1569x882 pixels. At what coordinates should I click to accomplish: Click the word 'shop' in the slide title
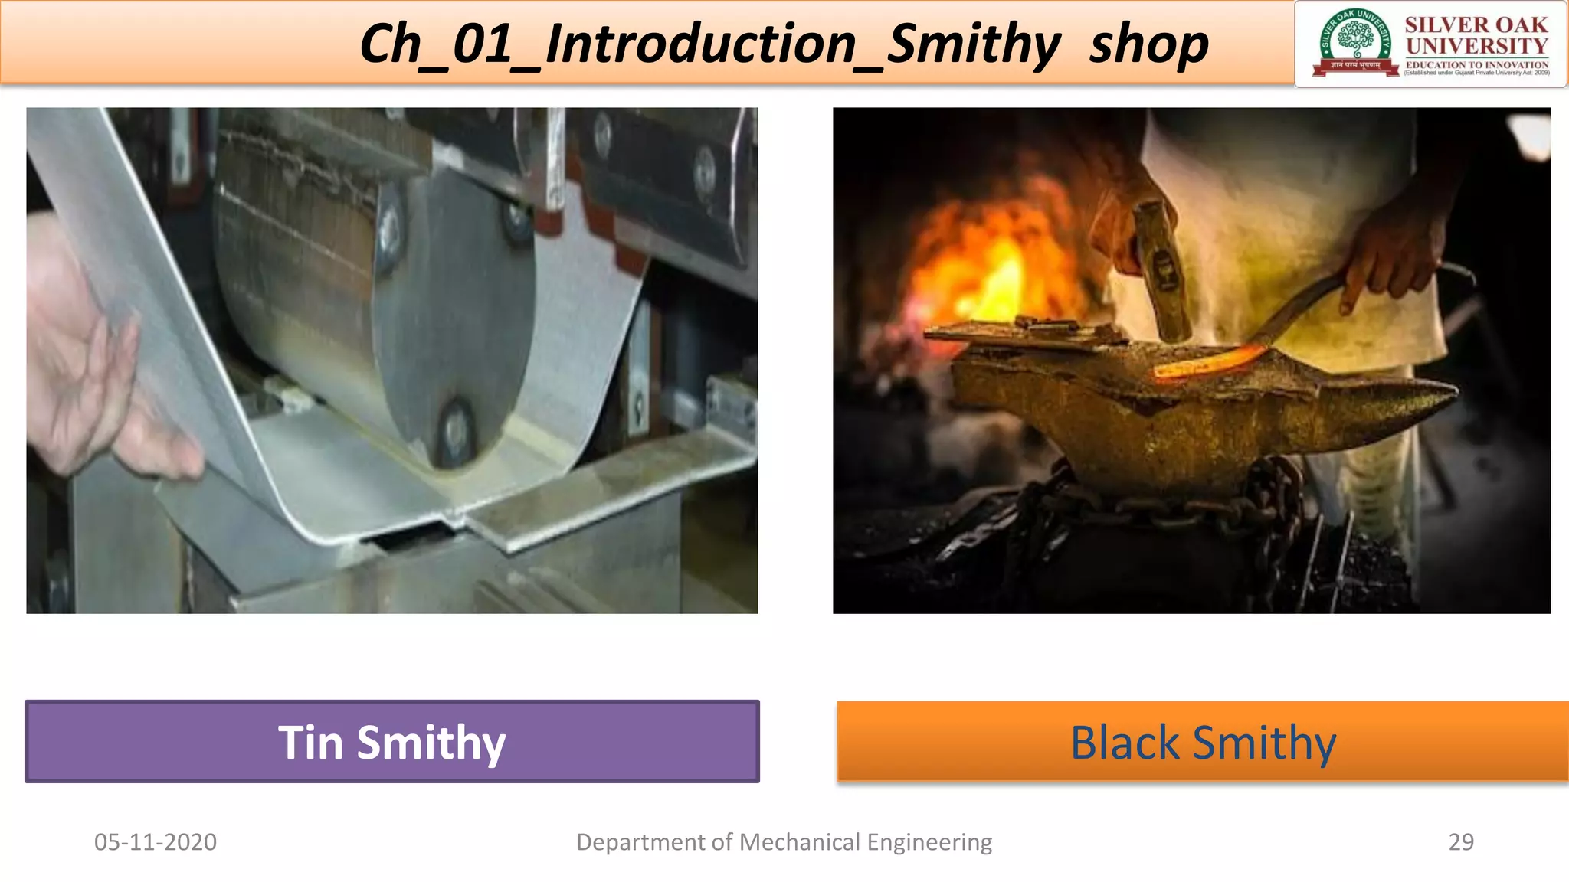(1148, 44)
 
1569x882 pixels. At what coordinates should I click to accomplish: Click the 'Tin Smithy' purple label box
(391, 741)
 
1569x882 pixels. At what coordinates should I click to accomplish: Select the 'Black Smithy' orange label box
(1202, 741)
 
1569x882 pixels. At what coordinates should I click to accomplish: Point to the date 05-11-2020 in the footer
(156, 841)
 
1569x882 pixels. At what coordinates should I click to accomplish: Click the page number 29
(1460, 841)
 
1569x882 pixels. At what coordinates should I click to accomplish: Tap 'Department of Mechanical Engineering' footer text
(784, 841)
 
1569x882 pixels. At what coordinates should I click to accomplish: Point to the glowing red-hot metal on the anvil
(1210, 360)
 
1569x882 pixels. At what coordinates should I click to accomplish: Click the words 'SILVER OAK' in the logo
(1476, 24)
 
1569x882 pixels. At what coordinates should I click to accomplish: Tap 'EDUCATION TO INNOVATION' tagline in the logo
(1476, 65)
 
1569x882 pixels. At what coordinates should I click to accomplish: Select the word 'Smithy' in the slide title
(973, 44)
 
